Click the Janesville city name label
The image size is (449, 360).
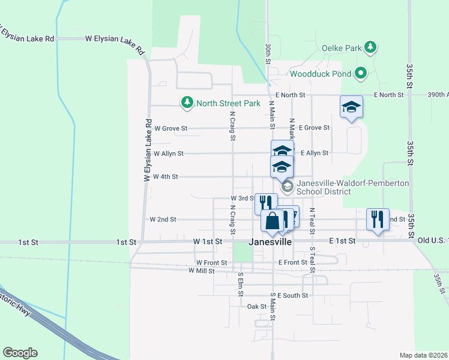270,242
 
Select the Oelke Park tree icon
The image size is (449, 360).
371,47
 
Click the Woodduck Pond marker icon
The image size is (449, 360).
360,74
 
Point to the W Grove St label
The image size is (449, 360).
171,128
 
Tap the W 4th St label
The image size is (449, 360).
166,176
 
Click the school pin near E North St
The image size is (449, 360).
351,107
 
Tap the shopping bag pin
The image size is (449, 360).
272,221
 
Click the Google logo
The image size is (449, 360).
20,353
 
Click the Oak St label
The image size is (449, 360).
256,306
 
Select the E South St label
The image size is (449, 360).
292,295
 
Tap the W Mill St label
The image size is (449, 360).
201,271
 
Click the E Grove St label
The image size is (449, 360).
315,128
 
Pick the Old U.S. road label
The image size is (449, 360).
429,241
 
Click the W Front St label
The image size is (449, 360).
211,263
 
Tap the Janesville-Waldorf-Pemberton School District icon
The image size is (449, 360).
287,187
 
